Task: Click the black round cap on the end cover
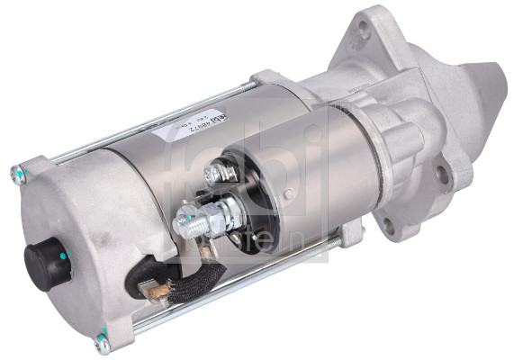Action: pos(43,259)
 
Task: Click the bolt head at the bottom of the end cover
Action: pos(103,340)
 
